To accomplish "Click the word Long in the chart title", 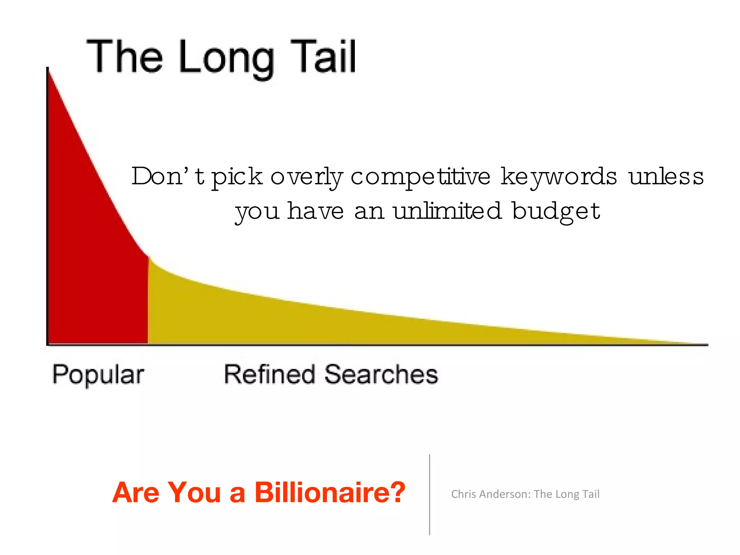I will [x=226, y=58].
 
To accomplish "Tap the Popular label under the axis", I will [x=98, y=375].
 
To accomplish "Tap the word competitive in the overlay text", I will [x=420, y=177].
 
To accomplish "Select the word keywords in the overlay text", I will [x=559, y=177].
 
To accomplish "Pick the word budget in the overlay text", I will [x=556, y=211].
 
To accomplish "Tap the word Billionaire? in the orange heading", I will [x=330, y=492].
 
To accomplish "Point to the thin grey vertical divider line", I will [x=430, y=495].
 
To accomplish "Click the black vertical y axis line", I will [x=47, y=206].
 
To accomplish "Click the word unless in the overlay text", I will [x=666, y=177].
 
